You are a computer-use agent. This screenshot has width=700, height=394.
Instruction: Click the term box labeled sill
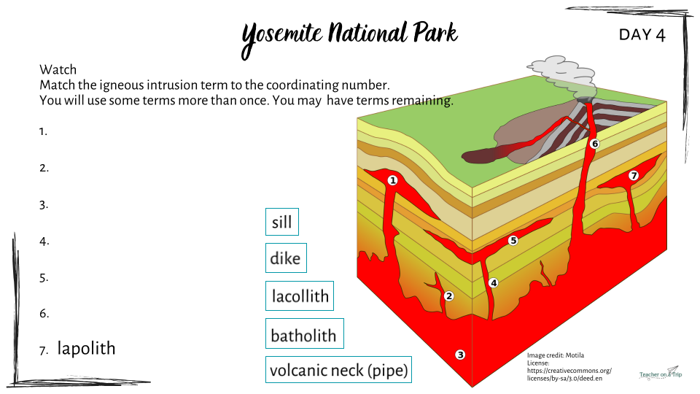282,222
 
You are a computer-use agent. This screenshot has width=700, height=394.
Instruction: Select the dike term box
286,258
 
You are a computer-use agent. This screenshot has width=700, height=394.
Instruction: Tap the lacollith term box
300,295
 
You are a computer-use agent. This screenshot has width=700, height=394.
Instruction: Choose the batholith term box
305,333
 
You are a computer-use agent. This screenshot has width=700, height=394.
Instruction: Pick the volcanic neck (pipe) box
338,369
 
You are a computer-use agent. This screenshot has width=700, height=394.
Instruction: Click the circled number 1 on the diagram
392,180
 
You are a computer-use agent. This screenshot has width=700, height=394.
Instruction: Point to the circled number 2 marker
449,295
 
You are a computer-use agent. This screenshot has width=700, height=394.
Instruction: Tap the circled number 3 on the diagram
460,355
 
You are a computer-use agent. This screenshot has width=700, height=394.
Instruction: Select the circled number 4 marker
494,283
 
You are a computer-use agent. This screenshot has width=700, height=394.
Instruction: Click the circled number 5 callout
513,240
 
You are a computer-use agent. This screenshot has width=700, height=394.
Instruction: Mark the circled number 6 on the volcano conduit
595,144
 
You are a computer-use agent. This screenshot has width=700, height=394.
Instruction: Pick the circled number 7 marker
634,176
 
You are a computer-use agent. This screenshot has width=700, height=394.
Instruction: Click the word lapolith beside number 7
87,349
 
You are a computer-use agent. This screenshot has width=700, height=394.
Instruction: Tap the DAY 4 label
642,35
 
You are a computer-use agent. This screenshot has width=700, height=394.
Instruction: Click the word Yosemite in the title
281,36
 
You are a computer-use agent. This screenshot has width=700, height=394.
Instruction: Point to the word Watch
58,70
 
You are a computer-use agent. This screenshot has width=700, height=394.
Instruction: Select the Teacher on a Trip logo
661,373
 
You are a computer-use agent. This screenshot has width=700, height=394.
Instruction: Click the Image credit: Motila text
556,355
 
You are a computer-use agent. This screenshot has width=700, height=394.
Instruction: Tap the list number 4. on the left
44,242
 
